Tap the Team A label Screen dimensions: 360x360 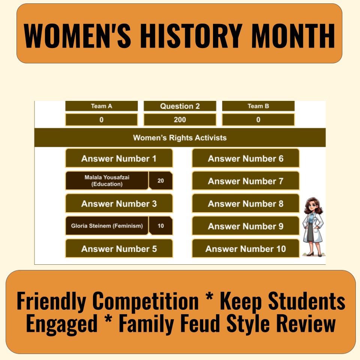[101, 106]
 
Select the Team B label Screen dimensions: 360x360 [258, 106]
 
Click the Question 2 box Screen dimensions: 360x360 [180, 106]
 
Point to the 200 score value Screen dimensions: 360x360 [180, 120]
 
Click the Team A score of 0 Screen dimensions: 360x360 [101, 120]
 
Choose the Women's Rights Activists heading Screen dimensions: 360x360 [180, 138]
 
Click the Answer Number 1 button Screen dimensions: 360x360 [119, 159]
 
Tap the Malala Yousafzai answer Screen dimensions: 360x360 [107, 181]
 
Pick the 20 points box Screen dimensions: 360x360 [160, 181]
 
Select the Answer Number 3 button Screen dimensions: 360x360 [119, 204]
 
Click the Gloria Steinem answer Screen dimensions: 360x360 [107, 226]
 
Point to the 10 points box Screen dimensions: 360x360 [160, 226]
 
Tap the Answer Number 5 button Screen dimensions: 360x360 [119, 249]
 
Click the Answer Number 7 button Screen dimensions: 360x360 [246, 181]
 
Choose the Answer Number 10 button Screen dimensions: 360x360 [246, 249]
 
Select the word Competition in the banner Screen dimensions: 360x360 [145, 301]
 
